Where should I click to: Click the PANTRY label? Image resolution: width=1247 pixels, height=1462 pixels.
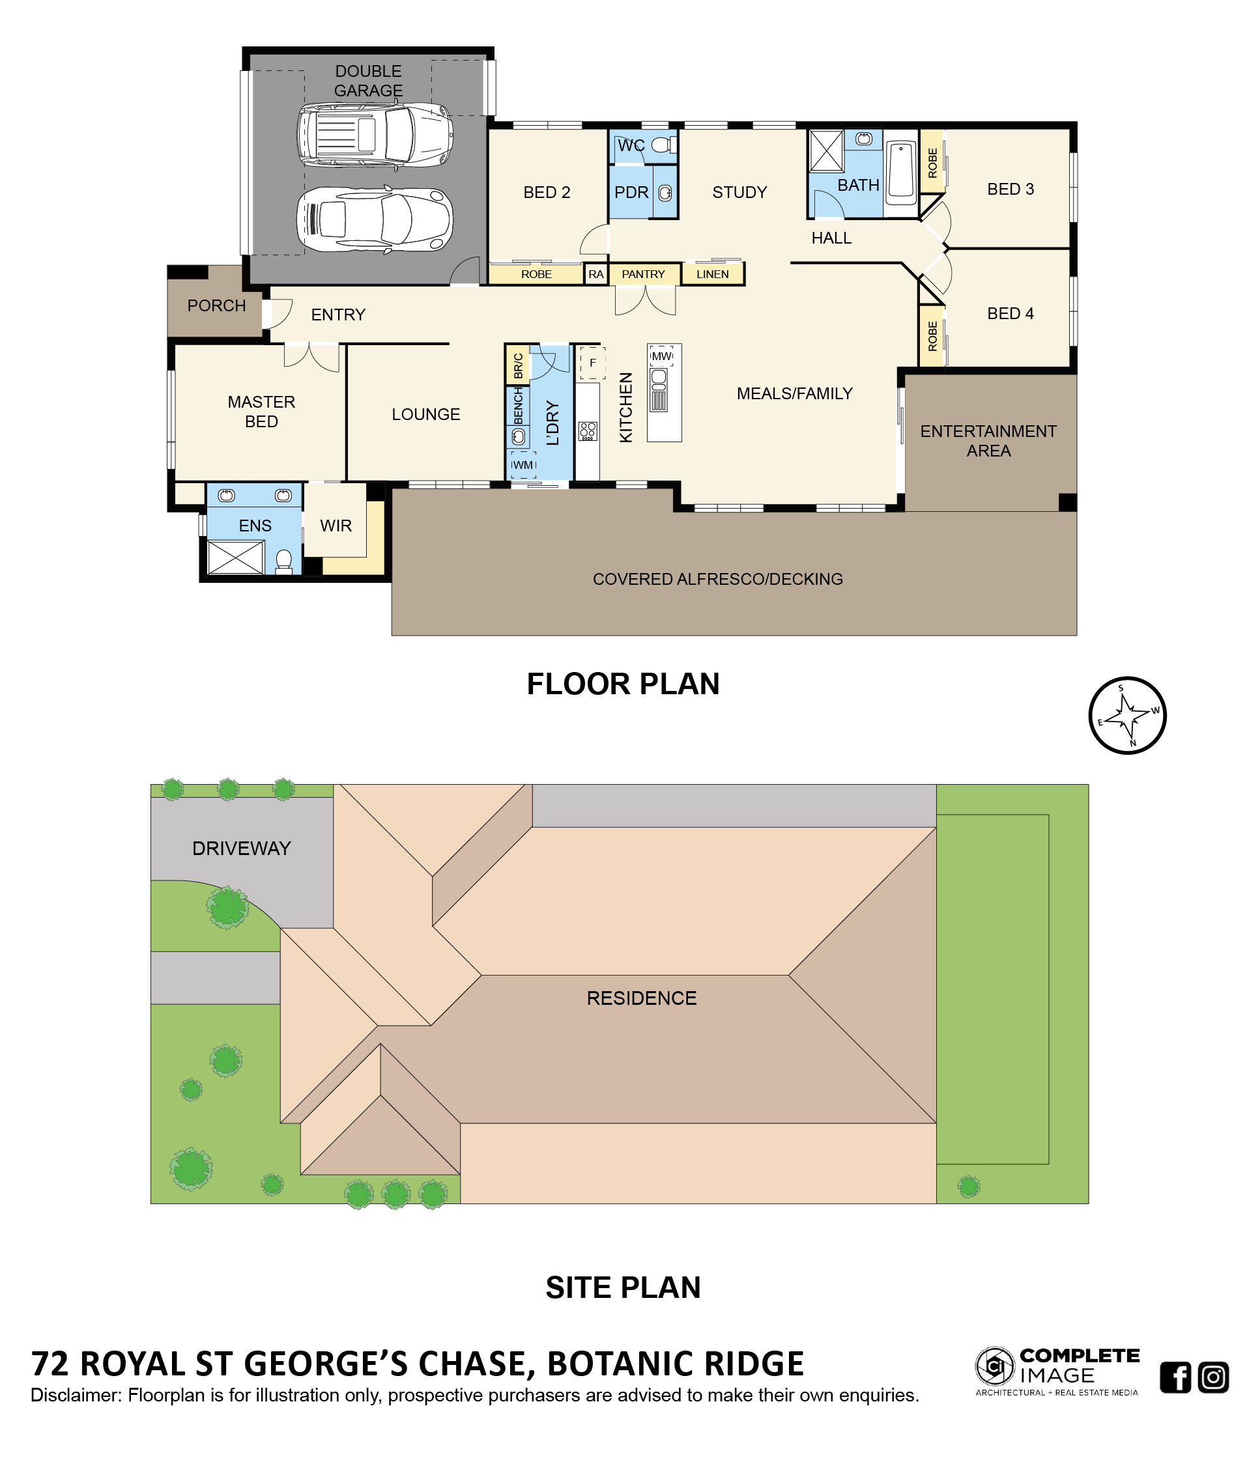pos(643,274)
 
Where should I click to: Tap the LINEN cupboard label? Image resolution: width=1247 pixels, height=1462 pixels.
pos(712,274)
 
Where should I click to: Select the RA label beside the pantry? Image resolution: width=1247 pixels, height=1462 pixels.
pos(595,274)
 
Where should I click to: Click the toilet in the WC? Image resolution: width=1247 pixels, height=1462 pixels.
pos(662,145)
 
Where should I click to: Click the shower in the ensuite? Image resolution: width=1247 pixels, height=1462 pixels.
pos(235,557)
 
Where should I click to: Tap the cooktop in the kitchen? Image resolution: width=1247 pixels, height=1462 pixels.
pos(587,431)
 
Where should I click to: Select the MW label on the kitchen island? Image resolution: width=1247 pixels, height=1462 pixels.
pos(661,356)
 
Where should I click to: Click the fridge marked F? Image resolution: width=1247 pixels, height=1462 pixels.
pos(592,363)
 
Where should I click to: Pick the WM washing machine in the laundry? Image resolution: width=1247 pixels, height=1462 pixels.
pos(523,465)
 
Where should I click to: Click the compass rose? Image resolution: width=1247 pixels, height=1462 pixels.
pos(1126,716)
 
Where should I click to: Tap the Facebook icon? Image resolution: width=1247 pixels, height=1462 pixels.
pos(1175,1377)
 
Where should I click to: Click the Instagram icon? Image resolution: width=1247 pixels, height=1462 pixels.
pos(1213,1377)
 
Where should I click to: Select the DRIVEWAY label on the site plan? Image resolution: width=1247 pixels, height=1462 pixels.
pos(241,848)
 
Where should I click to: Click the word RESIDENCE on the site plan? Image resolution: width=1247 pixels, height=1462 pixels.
pos(642,998)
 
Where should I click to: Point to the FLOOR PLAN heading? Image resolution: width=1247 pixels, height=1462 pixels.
pos(623,684)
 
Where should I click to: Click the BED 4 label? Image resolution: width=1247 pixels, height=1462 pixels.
pos(1010,313)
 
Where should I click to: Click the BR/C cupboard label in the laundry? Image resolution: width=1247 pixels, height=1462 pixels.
pos(518,365)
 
